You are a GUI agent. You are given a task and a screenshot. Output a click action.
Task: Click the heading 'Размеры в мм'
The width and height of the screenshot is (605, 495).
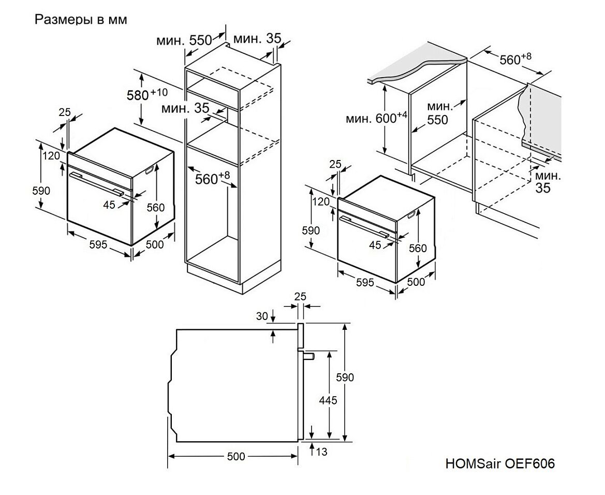[x=80, y=20]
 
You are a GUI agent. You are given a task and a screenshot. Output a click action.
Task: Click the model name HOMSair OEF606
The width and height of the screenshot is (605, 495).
[x=499, y=463]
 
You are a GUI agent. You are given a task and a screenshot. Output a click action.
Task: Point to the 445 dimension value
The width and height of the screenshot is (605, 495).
[x=329, y=400]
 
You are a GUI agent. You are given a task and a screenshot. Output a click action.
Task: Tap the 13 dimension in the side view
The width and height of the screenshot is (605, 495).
[x=321, y=452]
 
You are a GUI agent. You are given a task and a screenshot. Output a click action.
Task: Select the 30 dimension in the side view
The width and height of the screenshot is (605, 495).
[x=263, y=315]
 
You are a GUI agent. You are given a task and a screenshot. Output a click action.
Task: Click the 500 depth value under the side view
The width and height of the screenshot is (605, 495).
[x=235, y=456]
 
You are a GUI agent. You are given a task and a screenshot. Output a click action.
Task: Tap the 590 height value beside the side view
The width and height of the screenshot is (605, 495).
[x=345, y=377]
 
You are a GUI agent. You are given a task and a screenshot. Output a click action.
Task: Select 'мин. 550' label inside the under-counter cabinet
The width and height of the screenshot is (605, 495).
[x=438, y=113]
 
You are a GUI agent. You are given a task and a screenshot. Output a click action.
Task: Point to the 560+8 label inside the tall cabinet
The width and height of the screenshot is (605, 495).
[x=212, y=179]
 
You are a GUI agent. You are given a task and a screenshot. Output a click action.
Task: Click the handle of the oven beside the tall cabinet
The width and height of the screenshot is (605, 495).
[x=98, y=183]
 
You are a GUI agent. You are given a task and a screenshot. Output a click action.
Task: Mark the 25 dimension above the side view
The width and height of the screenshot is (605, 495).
[x=300, y=297]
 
